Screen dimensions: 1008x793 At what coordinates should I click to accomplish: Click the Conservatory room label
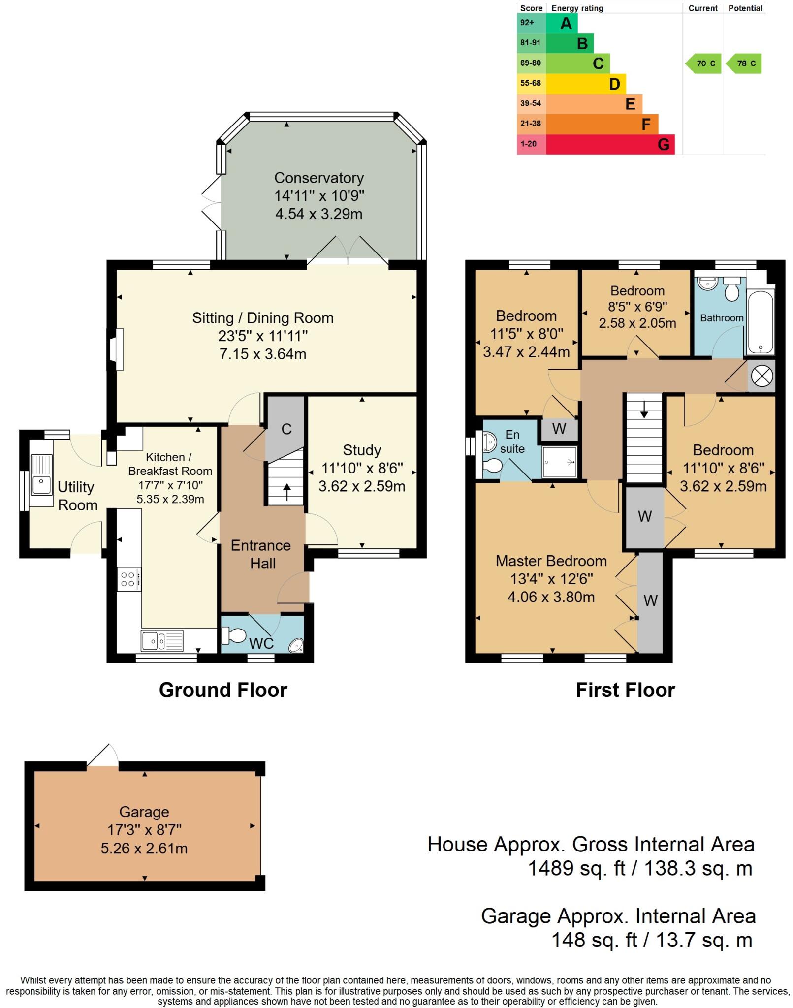click(318, 178)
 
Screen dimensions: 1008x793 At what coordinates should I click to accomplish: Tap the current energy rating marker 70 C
click(704, 63)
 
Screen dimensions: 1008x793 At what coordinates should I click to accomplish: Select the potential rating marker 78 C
click(745, 63)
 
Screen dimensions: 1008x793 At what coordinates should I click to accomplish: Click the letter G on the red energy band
click(663, 145)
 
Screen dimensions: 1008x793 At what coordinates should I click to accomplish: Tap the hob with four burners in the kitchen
click(128, 579)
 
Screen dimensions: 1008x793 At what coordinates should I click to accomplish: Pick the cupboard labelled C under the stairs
click(286, 429)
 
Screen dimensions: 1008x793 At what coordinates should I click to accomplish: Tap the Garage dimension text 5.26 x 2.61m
click(144, 849)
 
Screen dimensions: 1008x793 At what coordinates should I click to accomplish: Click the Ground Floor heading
click(223, 690)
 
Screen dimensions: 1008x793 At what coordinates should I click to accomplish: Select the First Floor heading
click(625, 690)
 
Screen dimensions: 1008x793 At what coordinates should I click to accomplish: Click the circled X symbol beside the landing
click(761, 377)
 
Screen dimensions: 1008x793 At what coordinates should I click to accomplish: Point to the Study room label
click(362, 450)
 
